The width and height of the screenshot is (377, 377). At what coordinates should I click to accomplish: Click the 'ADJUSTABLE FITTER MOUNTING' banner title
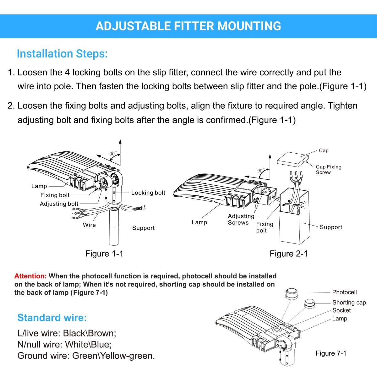click(188, 26)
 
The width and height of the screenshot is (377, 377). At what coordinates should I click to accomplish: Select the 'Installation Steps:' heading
click(62, 54)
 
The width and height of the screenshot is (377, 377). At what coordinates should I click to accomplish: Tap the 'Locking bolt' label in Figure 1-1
click(148, 193)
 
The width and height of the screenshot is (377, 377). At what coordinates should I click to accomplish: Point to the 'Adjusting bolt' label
click(59, 204)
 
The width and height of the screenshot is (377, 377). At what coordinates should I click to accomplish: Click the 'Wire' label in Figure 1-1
click(89, 225)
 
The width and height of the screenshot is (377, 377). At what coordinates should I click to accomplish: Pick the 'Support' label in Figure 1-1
click(143, 228)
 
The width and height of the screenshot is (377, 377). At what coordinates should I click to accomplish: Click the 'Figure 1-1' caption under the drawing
click(104, 254)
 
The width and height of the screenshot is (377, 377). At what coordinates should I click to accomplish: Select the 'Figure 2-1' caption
click(289, 254)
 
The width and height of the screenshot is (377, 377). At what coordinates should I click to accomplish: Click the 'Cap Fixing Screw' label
click(328, 170)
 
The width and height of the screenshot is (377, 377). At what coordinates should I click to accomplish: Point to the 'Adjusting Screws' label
click(241, 219)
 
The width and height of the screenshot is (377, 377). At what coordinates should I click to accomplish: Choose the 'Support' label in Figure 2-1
click(331, 227)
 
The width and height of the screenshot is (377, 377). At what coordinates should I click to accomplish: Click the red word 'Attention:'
click(30, 276)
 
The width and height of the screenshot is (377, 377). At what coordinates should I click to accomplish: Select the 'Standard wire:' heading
click(52, 318)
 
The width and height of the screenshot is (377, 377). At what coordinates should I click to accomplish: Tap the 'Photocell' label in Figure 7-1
click(344, 292)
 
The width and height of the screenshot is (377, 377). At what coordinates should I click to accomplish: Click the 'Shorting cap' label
click(349, 303)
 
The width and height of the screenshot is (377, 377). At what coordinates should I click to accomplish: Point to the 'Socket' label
click(341, 310)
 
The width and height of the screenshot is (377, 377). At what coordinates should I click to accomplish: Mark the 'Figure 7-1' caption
click(331, 353)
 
